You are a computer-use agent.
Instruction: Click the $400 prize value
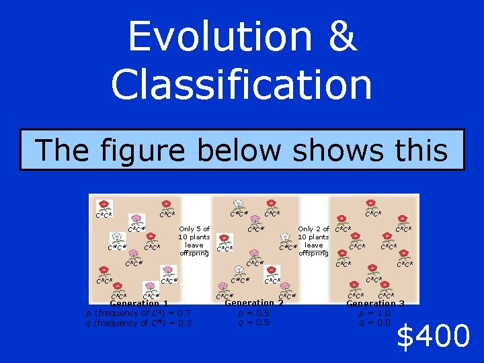click(432, 335)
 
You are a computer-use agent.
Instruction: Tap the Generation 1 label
click(138, 303)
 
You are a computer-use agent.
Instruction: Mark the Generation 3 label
click(375, 303)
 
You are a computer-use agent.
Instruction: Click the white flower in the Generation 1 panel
click(118, 238)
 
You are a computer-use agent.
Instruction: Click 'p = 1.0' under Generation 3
click(375, 313)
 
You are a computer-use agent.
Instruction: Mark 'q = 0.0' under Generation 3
click(375, 323)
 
